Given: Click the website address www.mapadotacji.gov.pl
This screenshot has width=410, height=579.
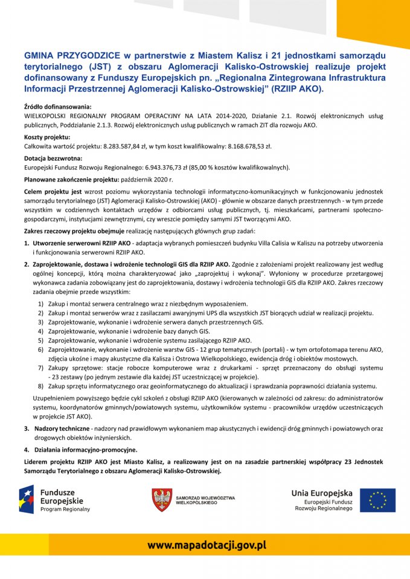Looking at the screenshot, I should tap(207, 545).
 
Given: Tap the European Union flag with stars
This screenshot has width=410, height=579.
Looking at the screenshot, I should tap(377, 499).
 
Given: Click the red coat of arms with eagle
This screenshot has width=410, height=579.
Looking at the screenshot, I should tap(161, 500).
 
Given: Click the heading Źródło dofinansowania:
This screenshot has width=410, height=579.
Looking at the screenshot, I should tap(57, 106).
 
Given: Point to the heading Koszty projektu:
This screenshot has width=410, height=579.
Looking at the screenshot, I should tap(47, 138).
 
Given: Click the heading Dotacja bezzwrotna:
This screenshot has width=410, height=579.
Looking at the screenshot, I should tap(53, 159).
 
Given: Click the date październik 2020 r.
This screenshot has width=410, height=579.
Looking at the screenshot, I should tap(150, 180).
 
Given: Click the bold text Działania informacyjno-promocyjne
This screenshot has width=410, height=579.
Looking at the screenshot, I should tap(85, 449).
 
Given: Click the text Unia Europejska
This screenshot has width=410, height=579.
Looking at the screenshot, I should tap(321, 493).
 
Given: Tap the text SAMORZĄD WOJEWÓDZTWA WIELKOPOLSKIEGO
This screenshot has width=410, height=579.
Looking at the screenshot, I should tap(205, 500).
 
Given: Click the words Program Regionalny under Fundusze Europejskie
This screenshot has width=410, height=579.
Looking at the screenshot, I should tap(65, 509).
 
